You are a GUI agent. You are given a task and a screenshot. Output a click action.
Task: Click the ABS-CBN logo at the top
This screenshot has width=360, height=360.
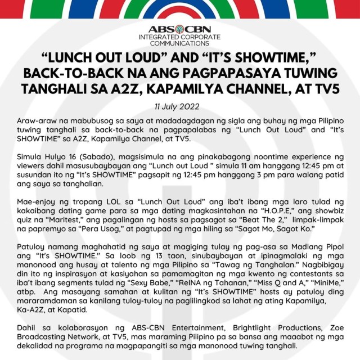point(179,30)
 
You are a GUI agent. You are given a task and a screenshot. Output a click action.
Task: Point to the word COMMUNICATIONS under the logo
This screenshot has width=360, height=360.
point(179,43)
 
